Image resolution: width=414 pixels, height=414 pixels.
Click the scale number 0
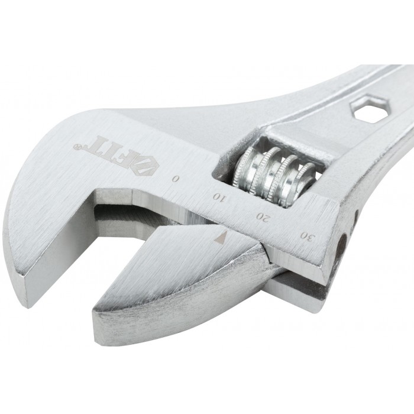tap(176, 179)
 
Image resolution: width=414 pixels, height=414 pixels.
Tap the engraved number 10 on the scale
tap(219, 197)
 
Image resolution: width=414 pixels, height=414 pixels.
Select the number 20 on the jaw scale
tap(263, 216)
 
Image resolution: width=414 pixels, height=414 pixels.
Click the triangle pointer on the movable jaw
tap(221, 237)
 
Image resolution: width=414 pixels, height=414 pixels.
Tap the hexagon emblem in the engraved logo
tap(143, 166)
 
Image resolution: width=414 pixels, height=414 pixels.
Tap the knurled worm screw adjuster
tap(274, 176)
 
